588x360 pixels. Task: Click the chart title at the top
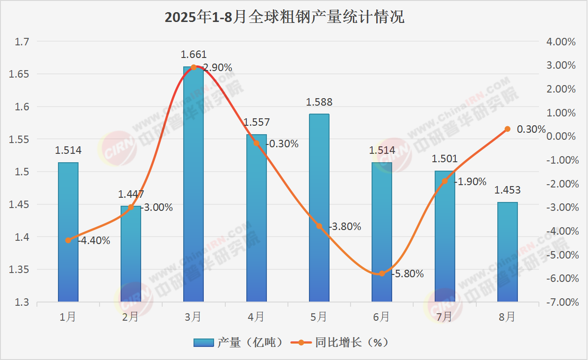(284, 17)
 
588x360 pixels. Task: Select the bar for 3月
(193, 187)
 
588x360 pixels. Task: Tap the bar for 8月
(507, 252)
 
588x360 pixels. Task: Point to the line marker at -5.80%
(382, 274)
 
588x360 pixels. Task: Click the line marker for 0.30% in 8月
(508, 129)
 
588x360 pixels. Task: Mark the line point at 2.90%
(194, 67)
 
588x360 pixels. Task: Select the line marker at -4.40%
(68, 240)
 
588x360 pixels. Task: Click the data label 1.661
(194, 55)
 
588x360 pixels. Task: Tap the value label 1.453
(507, 190)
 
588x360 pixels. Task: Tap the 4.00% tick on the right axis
(560, 42)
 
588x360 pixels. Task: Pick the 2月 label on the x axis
(130, 317)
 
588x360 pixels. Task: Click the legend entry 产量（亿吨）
(238, 343)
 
